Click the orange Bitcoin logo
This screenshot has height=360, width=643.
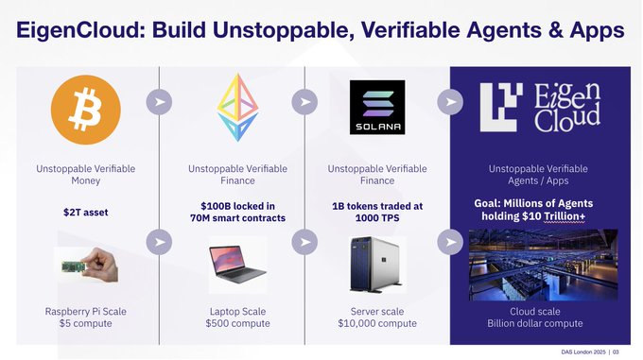[86, 106]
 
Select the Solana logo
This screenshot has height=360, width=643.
[377, 107]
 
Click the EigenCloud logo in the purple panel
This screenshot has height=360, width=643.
[539, 106]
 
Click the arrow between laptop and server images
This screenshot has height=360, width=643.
[305, 243]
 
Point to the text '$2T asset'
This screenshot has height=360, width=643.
[85, 212]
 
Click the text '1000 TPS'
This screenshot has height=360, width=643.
[377, 219]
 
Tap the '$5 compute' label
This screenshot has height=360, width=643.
[86, 324]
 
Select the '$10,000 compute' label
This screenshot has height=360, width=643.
[377, 324]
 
